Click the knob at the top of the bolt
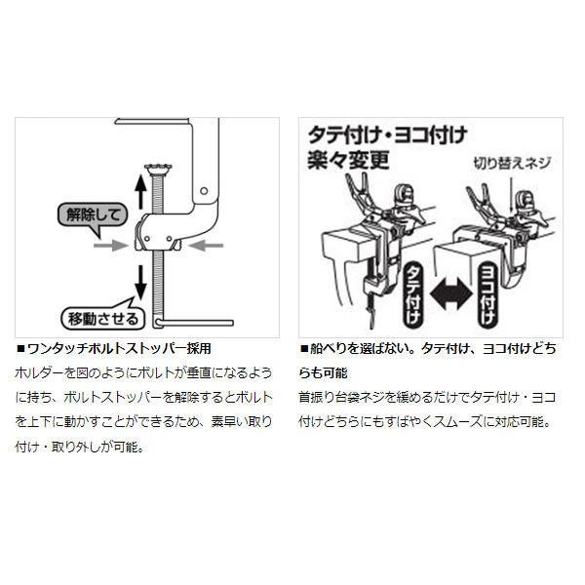point(160,171)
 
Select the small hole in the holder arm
point(203,192)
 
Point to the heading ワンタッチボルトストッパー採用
point(117,348)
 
